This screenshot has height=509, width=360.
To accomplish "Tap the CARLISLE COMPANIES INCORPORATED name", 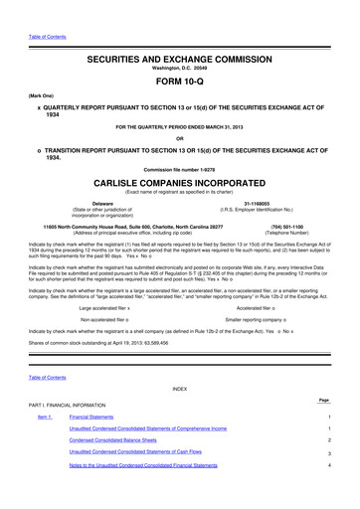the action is pos(179,182).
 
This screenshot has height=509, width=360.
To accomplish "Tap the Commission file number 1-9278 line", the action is pos(179,169).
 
